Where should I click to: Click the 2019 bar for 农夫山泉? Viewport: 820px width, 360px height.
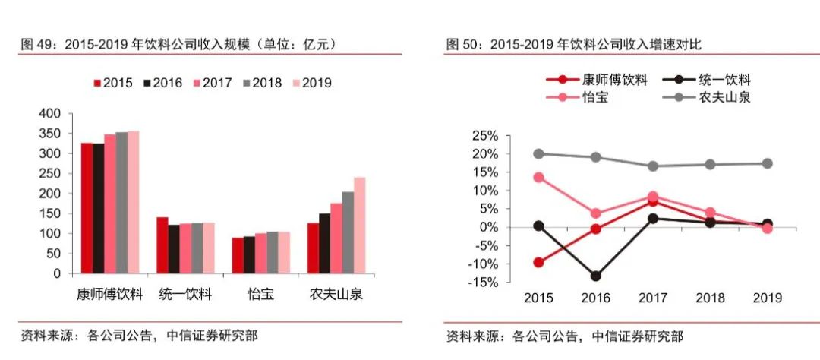click(360, 226)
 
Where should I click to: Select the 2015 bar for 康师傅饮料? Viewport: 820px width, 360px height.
click(87, 208)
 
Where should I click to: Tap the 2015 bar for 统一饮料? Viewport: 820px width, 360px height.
click(162, 245)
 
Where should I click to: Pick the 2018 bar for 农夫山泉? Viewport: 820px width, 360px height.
click(348, 232)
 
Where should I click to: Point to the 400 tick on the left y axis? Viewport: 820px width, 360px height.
click(49, 113)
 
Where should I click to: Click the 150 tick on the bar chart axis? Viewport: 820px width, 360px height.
click(49, 213)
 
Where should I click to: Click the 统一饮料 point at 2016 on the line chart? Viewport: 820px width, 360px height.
click(595, 276)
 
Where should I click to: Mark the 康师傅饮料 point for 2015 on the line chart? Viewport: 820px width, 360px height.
click(539, 263)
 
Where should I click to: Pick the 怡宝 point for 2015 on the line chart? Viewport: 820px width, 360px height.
click(539, 177)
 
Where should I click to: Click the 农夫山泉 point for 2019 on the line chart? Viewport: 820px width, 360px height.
click(767, 163)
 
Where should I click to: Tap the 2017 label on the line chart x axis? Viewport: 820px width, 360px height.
click(653, 298)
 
